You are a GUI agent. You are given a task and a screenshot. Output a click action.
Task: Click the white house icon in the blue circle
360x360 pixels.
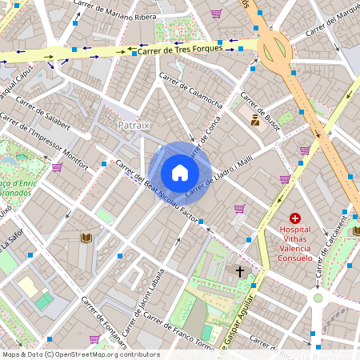pyautogui.click(x=180, y=172)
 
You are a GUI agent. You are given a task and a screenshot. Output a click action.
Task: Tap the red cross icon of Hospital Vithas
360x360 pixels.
pyautogui.click(x=295, y=218)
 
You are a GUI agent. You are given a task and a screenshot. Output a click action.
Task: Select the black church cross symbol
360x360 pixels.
pyautogui.click(x=239, y=272)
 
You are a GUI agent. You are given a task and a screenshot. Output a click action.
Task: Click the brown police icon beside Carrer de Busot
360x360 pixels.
pyautogui.click(x=255, y=121)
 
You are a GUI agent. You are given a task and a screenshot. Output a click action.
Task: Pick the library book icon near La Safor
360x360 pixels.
pyautogui.click(x=86, y=238)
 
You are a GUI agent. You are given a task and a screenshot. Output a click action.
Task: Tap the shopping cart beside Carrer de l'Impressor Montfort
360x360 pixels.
pyautogui.click(x=57, y=167)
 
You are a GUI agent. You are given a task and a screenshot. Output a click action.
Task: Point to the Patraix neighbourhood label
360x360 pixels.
pyautogui.click(x=134, y=125)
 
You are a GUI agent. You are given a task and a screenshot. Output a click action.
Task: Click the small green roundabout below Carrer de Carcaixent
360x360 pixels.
pyautogui.click(x=318, y=298)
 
